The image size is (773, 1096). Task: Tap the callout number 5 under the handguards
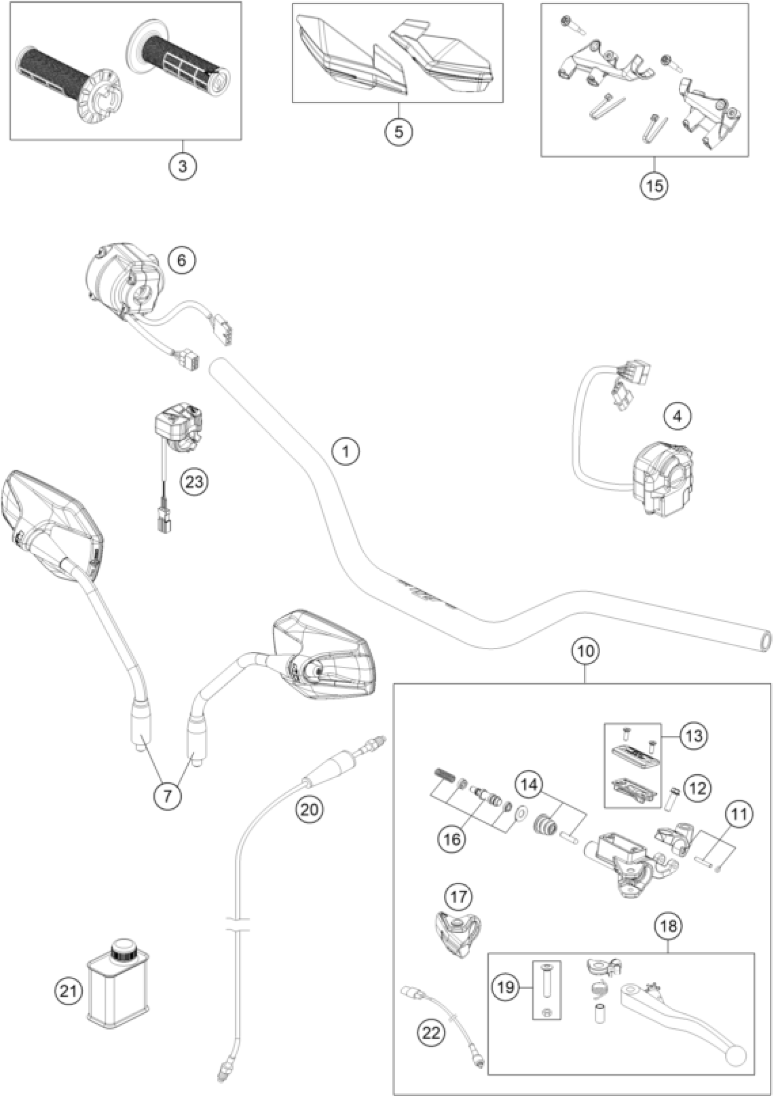pyautogui.click(x=399, y=131)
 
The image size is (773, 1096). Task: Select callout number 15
pyautogui.click(x=655, y=185)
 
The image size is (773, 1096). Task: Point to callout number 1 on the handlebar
pyautogui.click(x=346, y=450)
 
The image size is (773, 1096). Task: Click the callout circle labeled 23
pyautogui.click(x=194, y=482)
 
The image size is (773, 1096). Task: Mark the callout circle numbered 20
pyautogui.click(x=309, y=809)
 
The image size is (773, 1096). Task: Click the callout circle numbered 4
pyautogui.click(x=677, y=417)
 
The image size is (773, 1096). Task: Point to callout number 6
pyautogui.click(x=182, y=260)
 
